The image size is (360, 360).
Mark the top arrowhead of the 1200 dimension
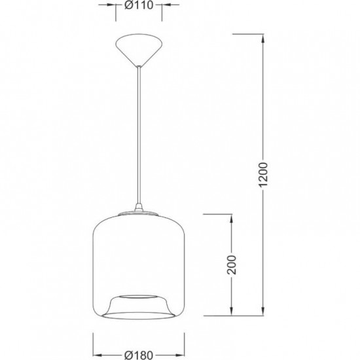(263, 39)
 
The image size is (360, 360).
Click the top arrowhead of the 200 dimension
(232, 219)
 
